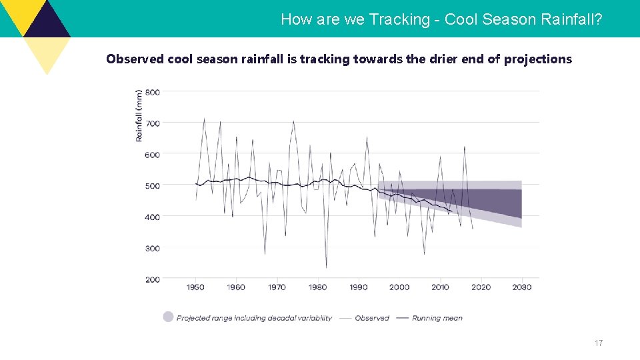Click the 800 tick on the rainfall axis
[153, 92]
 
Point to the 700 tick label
[153, 123]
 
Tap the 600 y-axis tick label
[153, 155]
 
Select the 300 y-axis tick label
[153, 249]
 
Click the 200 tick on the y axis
[153, 280]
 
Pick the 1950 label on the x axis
[195, 287]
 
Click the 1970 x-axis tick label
[277, 287]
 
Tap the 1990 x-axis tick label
[359, 287]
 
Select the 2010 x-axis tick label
[440, 287]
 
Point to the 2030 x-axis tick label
[521, 287]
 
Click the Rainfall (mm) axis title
[139, 115]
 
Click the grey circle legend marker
[168, 317]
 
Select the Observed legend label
[372, 318]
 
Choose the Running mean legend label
[437, 318]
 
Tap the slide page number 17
[598, 343]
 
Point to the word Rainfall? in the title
[571, 19]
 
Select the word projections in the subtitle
[537, 59]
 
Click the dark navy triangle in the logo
[47, 20]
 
